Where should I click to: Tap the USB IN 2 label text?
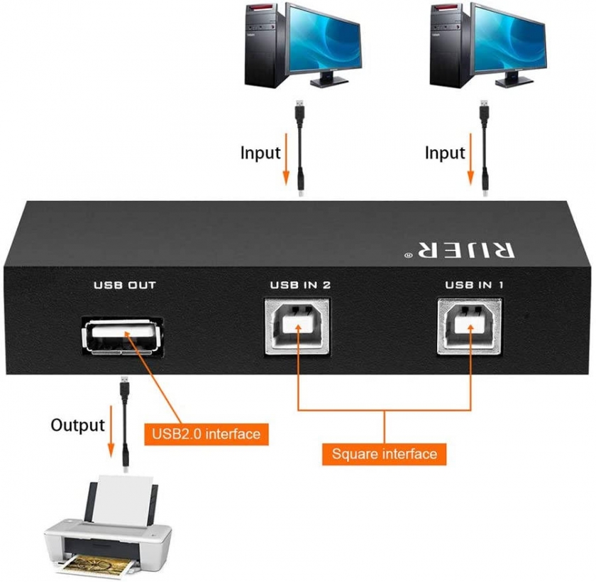pos(299,286)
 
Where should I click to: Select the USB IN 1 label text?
pos(475,286)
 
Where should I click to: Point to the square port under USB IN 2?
pos(299,325)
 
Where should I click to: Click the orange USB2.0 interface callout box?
pos(206,432)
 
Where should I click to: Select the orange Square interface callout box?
pos(384,453)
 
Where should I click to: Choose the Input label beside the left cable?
pos(260,152)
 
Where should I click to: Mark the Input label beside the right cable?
pos(445,152)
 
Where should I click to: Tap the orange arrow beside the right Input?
pos(470,160)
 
